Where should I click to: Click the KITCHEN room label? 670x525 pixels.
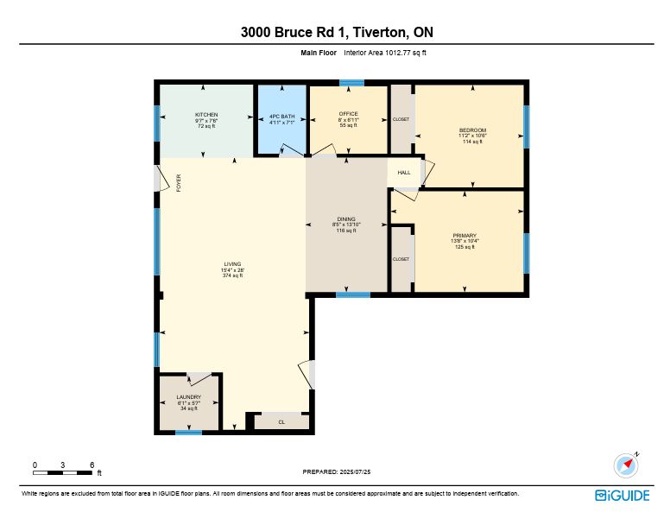pyautogui.click(x=206, y=115)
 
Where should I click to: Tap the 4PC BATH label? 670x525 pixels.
pyautogui.click(x=282, y=117)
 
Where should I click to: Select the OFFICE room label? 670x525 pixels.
pyautogui.click(x=348, y=114)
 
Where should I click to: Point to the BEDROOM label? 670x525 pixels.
pyautogui.click(x=472, y=130)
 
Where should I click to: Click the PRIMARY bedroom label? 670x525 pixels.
pyautogui.click(x=465, y=236)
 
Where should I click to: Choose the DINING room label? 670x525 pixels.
pyautogui.click(x=346, y=219)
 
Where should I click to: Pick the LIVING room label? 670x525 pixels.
pyautogui.click(x=232, y=264)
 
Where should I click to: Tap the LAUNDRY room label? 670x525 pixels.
pyautogui.click(x=188, y=397)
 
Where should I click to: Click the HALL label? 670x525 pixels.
pyautogui.click(x=404, y=173)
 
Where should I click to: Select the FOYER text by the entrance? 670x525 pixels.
pyautogui.click(x=179, y=183)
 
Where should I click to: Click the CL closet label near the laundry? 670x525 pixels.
pyautogui.click(x=281, y=422)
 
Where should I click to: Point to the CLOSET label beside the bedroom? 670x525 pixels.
pyautogui.click(x=401, y=119)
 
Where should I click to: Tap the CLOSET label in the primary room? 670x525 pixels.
pyautogui.click(x=401, y=259)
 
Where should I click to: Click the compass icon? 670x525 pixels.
pyautogui.click(x=626, y=465)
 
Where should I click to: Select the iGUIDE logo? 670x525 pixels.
pyautogui.click(x=623, y=496)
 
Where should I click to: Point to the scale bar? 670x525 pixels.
pyautogui.click(x=62, y=472)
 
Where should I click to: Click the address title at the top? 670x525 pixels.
pyautogui.click(x=337, y=32)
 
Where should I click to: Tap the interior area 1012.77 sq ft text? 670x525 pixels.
pyautogui.click(x=385, y=53)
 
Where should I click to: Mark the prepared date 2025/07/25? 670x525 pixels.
pyautogui.click(x=337, y=471)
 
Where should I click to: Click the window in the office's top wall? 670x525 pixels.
pyautogui.click(x=352, y=82)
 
